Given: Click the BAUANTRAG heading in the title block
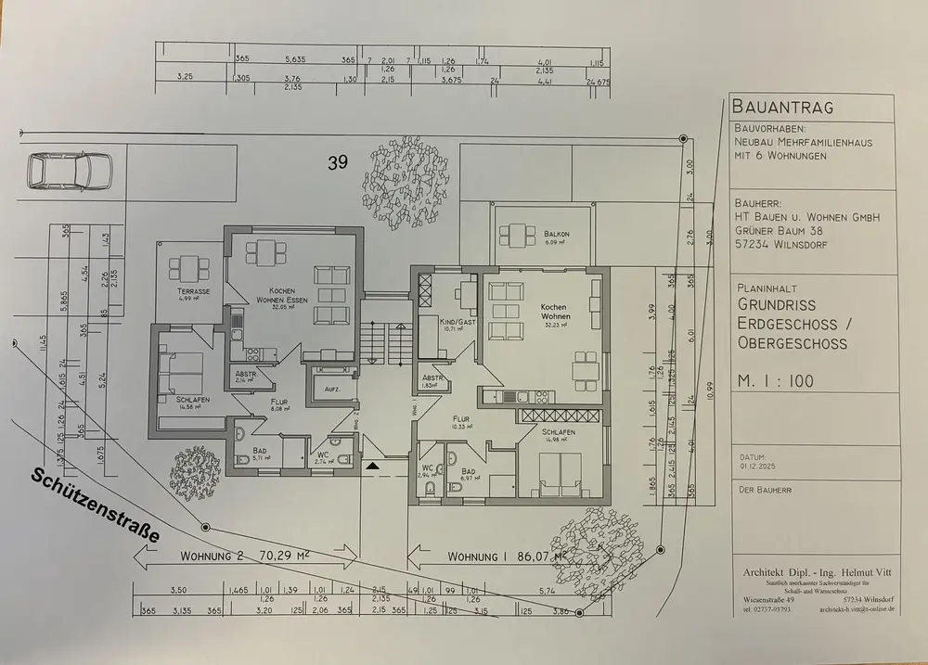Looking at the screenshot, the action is (782, 108).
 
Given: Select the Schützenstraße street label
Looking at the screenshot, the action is (95, 504).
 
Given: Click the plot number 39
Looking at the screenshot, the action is (338, 163).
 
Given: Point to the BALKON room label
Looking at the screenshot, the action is (557, 235).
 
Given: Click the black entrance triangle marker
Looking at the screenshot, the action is (373, 467).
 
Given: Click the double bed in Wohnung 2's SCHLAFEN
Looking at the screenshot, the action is (179, 371).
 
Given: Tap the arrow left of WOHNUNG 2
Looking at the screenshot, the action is (143, 558).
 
